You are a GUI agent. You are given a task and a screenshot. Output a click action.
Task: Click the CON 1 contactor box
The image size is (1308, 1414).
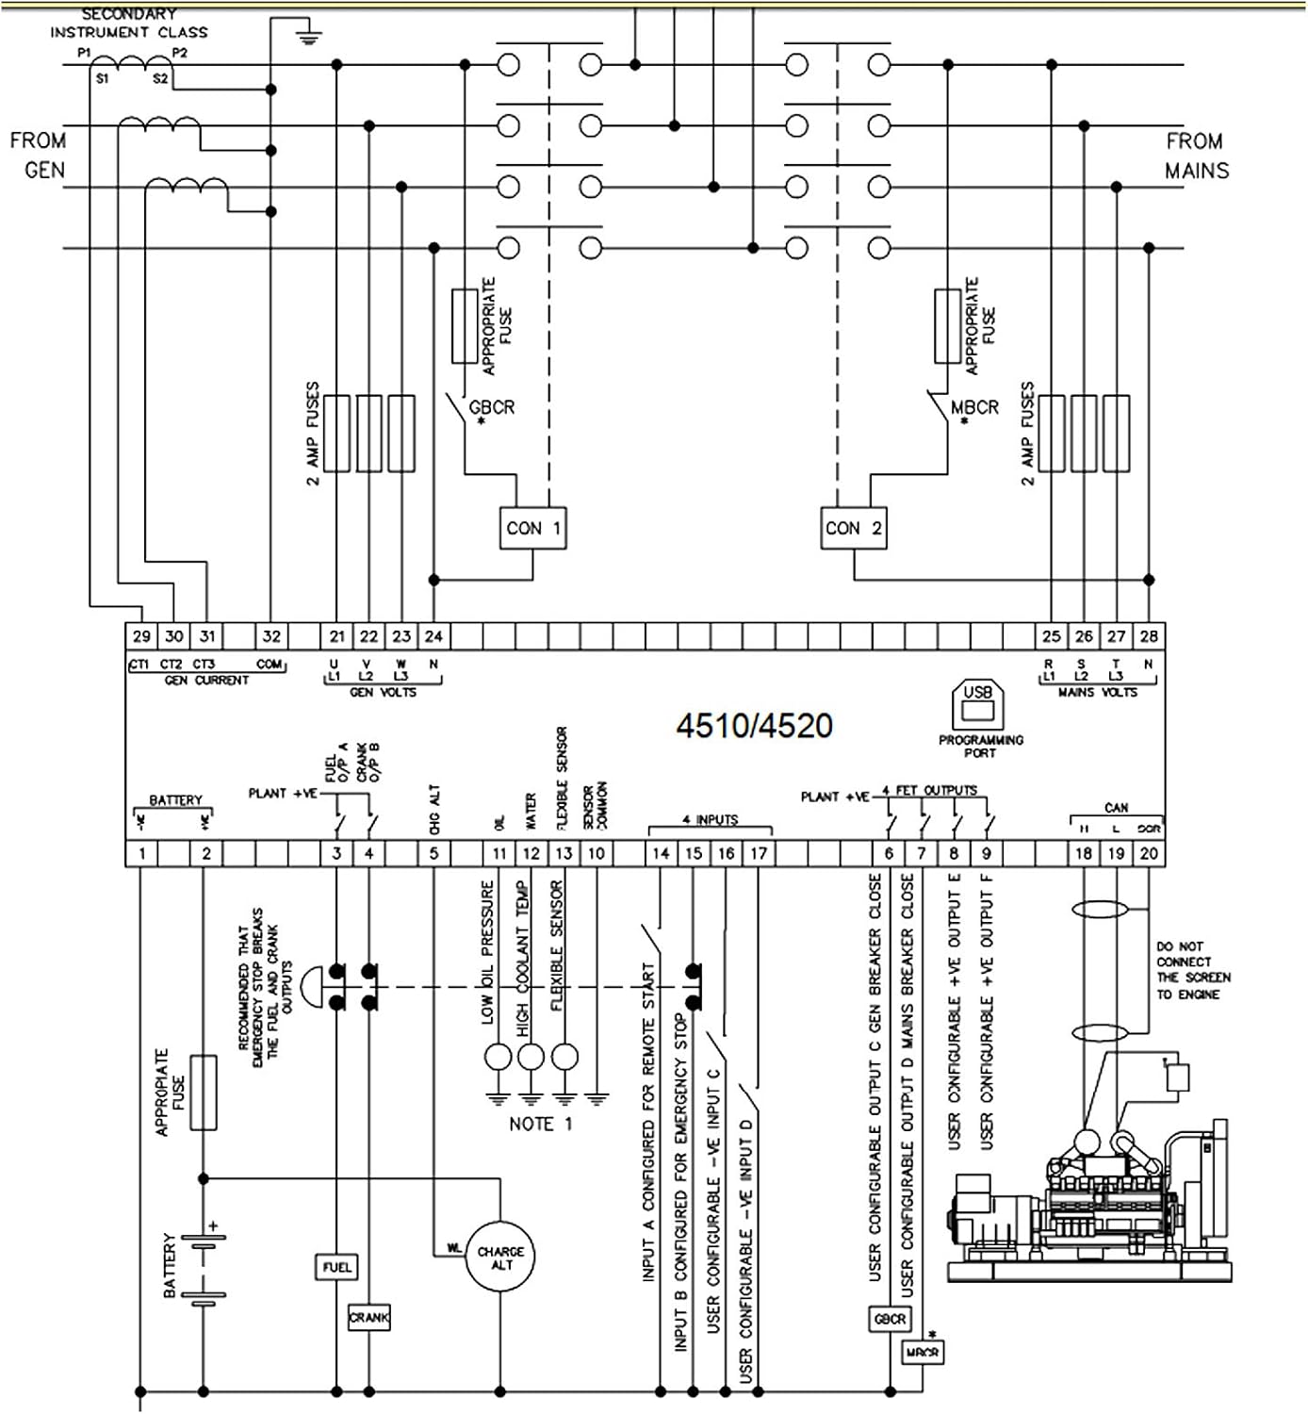point(532,528)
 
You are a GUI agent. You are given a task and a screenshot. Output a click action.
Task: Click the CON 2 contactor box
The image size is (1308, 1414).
point(853,528)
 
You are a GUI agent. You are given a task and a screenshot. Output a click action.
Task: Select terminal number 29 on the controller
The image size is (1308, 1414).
point(141,636)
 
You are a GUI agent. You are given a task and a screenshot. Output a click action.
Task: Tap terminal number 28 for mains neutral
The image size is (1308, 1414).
point(1149,636)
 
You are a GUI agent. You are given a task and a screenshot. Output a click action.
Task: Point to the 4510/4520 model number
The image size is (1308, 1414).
point(754,726)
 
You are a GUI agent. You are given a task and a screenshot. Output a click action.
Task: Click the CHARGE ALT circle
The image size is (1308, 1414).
point(500,1258)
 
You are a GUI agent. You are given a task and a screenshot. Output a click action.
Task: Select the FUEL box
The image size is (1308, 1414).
point(336,1267)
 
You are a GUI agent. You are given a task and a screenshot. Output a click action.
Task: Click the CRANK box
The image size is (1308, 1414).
point(368,1317)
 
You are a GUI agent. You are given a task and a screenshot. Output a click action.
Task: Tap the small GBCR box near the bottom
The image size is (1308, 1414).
point(890,1319)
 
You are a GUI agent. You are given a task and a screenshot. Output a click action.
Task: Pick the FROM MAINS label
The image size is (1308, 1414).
point(1196,156)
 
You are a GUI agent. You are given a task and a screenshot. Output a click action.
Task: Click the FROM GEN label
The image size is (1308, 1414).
point(39,156)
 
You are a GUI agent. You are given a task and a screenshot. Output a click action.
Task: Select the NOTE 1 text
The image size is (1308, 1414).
point(540,1124)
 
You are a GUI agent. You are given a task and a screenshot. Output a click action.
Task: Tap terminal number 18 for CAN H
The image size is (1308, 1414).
point(1084,853)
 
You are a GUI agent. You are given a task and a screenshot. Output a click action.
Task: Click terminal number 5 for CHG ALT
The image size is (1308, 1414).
point(433,853)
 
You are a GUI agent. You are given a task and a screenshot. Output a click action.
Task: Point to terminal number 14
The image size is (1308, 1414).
point(661,853)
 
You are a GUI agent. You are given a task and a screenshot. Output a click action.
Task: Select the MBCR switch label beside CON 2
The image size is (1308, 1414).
point(974,407)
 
